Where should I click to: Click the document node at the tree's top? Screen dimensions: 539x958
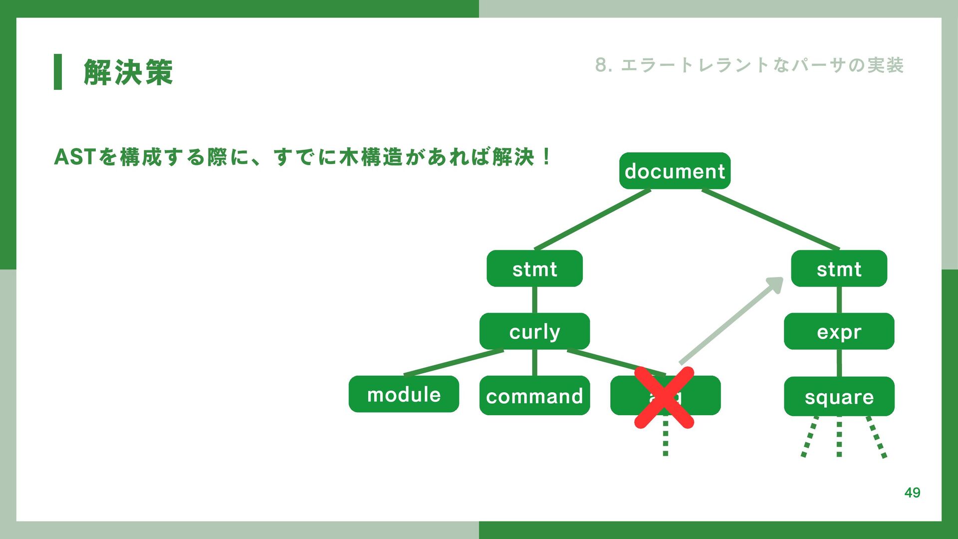pyautogui.click(x=675, y=171)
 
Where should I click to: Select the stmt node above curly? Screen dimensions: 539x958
pyautogui.click(x=534, y=269)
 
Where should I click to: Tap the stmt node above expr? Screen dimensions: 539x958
pyautogui.click(x=839, y=269)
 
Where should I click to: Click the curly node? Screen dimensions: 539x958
pyautogui.click(x=534, y=331)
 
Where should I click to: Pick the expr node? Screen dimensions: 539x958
pyautogui.click(x=839, y=331)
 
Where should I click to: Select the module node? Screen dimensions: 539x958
pyautogui.click(x=404, y=394)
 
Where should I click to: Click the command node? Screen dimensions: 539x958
pyautogui.click(x=534, y=396)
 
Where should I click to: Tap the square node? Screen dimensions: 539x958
pyautogui.click(x=839, y=397)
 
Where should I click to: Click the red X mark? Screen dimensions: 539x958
pyautogui.click(x=664, y=397)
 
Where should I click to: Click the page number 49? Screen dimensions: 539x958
pyautogui.click(x=912, y=493)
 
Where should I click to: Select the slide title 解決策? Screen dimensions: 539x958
pyautogui.click(x=128, y=72)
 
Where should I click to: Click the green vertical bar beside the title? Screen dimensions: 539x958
pyautogui.click(x=58, y=72)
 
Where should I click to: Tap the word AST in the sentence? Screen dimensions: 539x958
pyautogui.click(x=75, y=157)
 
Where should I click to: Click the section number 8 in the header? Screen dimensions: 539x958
pyautogui.click(x=601, y=65)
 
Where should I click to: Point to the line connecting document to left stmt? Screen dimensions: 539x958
pyautogui.click(x=592, y=219)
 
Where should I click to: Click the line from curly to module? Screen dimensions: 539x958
pyautogui.click(x=454, y=362)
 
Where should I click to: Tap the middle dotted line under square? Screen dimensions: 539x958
pyautogui.click(x=839, y=437)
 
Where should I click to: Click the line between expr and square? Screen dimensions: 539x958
pyautogui.click(x=839, y=363)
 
